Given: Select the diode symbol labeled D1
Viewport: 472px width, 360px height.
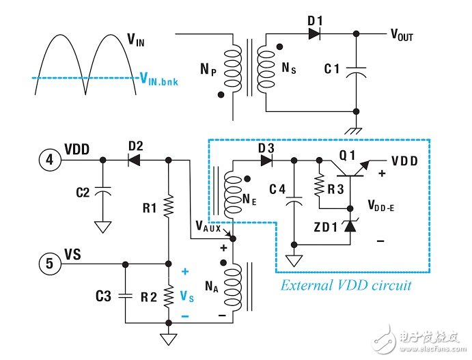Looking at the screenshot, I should (314, 33).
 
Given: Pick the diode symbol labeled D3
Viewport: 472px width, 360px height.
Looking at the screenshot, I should (266, 161).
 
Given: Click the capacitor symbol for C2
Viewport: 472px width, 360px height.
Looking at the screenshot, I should (102, 193).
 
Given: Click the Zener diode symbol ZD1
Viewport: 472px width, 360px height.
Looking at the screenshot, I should (349, 225).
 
